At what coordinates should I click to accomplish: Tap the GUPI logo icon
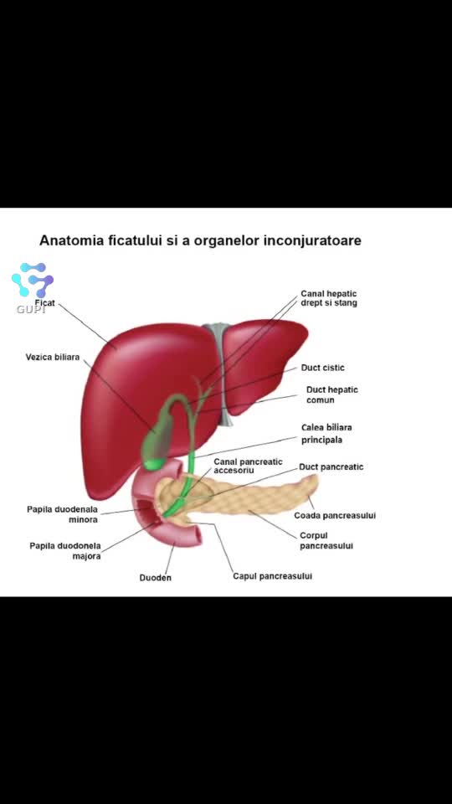coord(33,281)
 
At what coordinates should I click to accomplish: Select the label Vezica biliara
coord(53,357)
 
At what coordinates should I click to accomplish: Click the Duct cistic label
coord(323,368)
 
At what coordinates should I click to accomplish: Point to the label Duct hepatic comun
coord(332,394)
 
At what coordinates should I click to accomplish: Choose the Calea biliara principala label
coord(326,433)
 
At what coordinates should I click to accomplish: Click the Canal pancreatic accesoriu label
coord(248,466)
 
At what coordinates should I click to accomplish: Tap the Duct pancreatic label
coord(331,467)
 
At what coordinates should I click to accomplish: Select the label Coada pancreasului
coord(335,515)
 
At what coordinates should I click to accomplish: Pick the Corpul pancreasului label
coord(326,541)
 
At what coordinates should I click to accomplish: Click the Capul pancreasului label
coord(273,576)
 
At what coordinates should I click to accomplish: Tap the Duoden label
coord(156,578)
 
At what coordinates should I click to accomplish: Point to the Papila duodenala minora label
coord(63,515)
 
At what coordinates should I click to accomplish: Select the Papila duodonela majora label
coord(65,551)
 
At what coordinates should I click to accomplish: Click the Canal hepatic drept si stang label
coord(329,298)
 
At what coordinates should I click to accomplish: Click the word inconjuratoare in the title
coord(312,240)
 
